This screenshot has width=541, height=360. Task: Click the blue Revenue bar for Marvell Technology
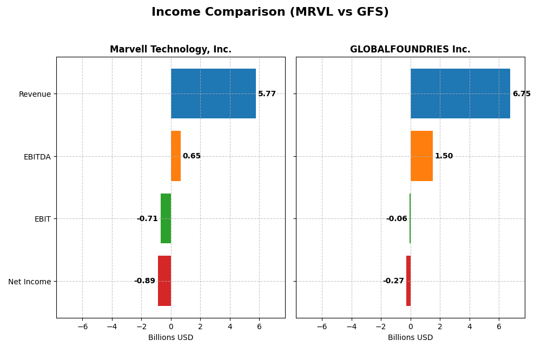[x=213, y=94]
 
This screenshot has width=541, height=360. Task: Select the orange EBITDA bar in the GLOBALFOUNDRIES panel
[x=421, y=156]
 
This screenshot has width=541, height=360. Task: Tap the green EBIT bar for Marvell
[x=166, y=218]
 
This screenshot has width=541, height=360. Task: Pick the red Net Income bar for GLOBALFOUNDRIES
[x=408, y=281]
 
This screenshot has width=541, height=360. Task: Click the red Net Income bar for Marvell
[x=164, y=281]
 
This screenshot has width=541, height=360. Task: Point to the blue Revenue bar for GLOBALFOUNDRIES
[x=460, y=94]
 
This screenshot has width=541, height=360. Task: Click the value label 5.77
[x=267, y=94]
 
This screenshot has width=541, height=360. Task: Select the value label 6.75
[x=522, y=94]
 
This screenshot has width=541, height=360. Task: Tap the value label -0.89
[x=144, y=281]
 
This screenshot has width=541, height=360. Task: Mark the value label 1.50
[x=444, y=156]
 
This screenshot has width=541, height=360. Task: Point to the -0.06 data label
[x=397, y=219]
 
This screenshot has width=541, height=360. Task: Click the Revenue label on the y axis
[x=35, y=95]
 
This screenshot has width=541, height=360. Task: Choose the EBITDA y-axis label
[x=37, y=157]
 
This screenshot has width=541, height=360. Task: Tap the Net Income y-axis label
[x=29, y=282]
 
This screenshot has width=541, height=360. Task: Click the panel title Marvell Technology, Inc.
[x=170, y=50]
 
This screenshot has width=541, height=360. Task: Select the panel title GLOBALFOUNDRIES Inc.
[x=410, y=50]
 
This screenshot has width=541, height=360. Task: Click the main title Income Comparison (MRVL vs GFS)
[x=270, y=12]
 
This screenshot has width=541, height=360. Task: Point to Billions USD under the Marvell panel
[x=170, y=338]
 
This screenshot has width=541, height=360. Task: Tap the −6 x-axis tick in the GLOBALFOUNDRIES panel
[x=322, y=326]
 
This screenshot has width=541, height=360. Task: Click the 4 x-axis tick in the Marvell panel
[x=230, y=326]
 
